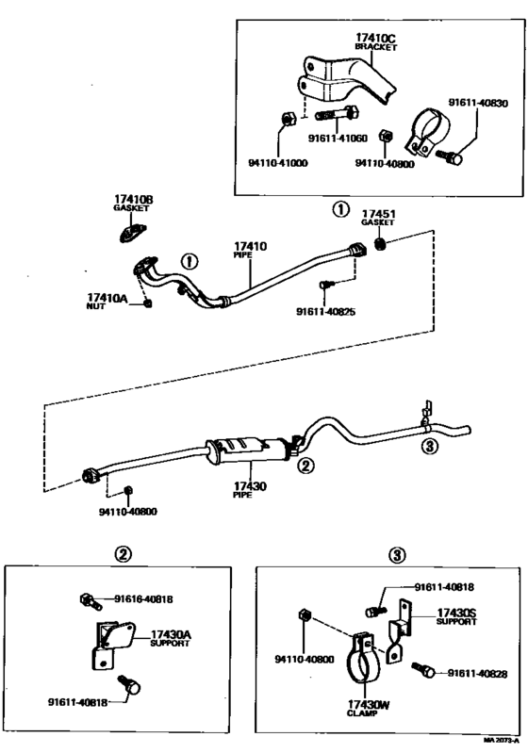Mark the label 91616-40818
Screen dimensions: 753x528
(x=143, y=597)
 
